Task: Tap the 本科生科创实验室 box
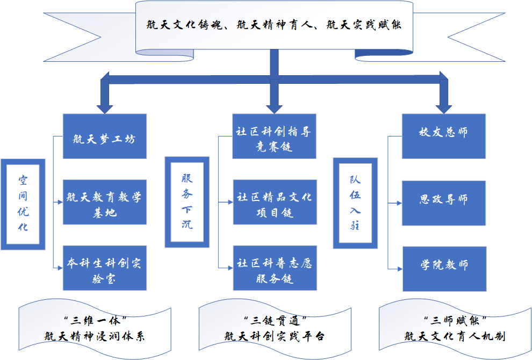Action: pos(104,268)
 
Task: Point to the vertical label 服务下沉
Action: pos(186,202)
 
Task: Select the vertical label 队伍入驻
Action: pos(355,203)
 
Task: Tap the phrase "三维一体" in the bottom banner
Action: pos(95,320)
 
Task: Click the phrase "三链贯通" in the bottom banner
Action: pos(275,320)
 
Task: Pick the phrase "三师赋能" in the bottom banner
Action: pos(455,320)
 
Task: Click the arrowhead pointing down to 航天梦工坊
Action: pos(105,105)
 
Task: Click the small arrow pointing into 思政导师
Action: pos(398,203)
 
